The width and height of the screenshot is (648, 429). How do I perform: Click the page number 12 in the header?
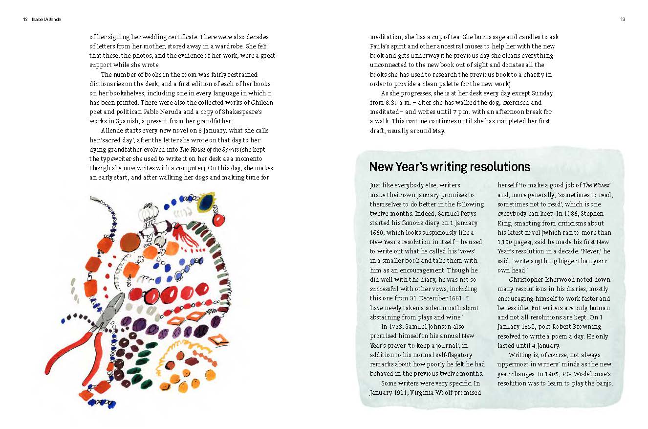25,20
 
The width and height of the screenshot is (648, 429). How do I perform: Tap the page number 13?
623,20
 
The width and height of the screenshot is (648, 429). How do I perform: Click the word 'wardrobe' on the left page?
224,46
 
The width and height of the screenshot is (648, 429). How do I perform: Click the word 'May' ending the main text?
438,131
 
